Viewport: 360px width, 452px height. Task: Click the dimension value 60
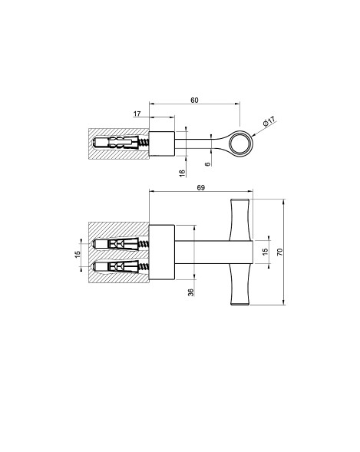[x=194, y=100]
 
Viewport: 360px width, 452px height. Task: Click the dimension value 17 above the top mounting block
[x=137, y=114]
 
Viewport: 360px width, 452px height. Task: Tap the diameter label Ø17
[x=269, y=121]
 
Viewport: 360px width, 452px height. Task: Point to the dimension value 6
[x=207, y=164]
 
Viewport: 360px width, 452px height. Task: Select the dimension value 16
[x=182, y=173]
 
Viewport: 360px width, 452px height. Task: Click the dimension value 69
[x=201, y=188]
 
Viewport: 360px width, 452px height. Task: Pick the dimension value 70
[x=279, y=252]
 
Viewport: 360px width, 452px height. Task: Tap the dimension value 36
[x=191, y=292]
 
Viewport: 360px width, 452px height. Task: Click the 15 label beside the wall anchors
[x=78, y=254]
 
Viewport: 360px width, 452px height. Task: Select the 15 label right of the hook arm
[x=266, y=251]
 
